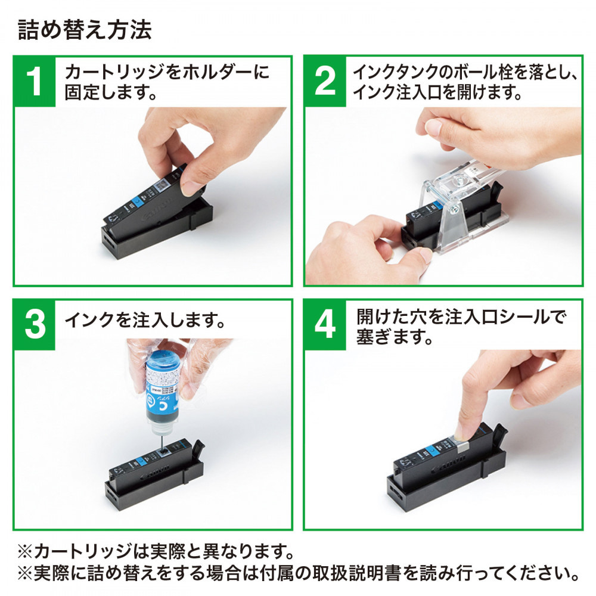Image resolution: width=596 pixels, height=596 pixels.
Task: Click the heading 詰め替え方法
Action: (85, 30)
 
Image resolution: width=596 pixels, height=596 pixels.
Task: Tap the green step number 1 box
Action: (35, 81)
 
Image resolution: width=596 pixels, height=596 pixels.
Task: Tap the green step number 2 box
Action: (325, 81)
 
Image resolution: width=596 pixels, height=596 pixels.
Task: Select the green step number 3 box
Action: (35, 324)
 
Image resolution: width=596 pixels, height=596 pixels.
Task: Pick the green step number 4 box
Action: (325, 324)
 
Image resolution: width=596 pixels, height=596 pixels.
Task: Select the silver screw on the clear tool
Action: (455, 208)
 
